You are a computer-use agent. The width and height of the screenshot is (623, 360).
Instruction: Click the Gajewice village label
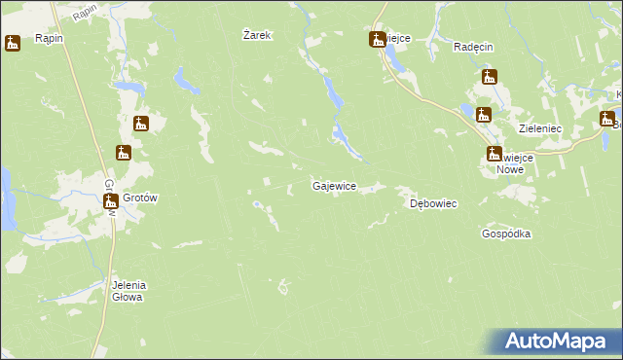coord(334,185)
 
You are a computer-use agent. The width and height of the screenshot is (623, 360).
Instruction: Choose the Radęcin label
coord(476,47)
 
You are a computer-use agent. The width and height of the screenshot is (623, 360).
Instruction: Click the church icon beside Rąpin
coord(13,43)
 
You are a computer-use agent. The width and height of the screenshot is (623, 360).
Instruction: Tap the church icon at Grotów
coord(111,201)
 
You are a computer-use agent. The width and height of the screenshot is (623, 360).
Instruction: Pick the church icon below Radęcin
coord(490,77)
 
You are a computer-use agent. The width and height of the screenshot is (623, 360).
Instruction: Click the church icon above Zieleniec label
coord(484,115)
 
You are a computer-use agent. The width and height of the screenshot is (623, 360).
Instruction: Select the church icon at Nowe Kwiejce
coord(495,154)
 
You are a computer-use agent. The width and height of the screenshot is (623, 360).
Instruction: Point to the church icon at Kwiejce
coord(377,40)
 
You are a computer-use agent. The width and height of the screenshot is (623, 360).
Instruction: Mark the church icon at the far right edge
coord(607,120)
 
